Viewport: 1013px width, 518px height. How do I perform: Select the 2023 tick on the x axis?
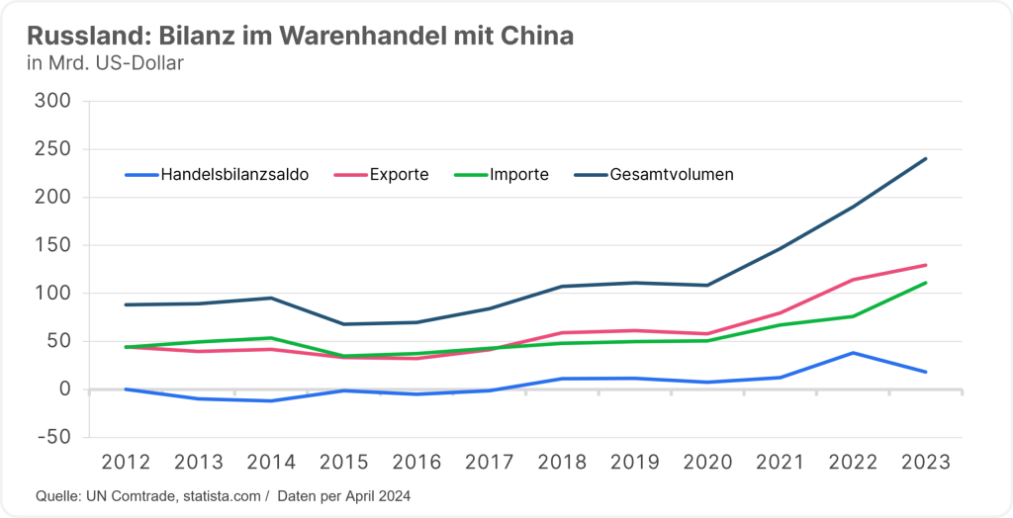pyautogui.click(x=926, y=463)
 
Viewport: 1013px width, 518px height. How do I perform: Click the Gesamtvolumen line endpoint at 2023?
pyautogui.click(x=926, y=158)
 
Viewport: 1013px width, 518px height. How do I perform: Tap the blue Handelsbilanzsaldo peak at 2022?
pyautogui.click(x=854, y=353)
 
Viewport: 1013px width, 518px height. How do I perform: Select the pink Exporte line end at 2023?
pyautogui.click(x=926, y=265)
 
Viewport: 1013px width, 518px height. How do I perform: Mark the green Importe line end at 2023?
pyautogui.click(x=926, y=283)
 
